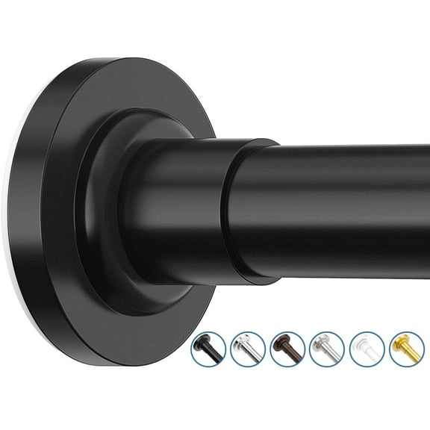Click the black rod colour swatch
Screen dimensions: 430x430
208,349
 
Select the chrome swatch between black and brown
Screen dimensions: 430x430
248,349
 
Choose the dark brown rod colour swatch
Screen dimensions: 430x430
287,349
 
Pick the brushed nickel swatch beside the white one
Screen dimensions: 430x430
327,349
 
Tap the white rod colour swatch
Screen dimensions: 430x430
367,349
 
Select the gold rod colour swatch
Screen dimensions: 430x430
406,349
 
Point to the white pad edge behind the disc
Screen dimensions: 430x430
16,246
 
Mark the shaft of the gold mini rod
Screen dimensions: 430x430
411,352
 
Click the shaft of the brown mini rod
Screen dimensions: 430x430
293,352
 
